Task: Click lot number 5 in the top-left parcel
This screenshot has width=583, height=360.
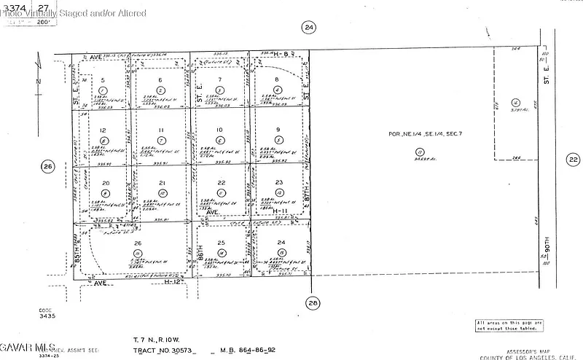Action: click(103, 80)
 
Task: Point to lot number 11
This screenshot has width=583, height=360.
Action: click(161, 130)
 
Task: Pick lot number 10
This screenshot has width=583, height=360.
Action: click(219, 130)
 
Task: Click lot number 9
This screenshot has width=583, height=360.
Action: click(278, 130)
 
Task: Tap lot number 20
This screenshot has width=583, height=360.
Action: click(106, 184)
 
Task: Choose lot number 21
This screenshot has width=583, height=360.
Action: click(163, 183)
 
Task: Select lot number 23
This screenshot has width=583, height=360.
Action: click(279, 183)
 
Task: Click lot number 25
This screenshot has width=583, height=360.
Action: click(222, 242)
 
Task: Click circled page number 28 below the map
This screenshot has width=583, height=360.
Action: click(313, 303)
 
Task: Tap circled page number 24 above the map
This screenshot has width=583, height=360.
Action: click(309, 28)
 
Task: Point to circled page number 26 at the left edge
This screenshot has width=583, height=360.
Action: click(48, 167)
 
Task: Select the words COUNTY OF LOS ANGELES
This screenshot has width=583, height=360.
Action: click(518, 356)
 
